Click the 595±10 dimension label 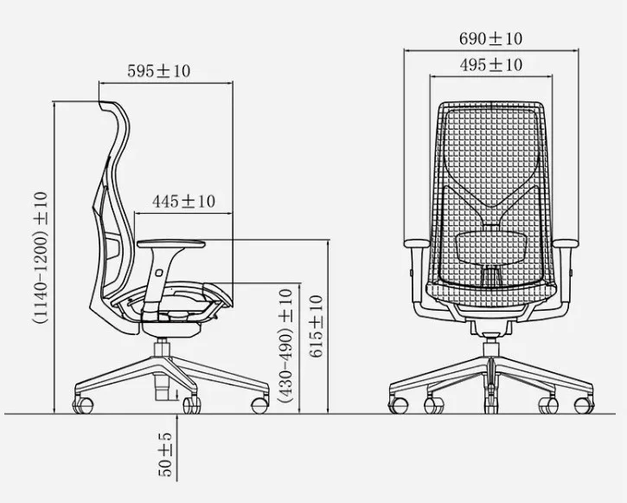tap(159, 71)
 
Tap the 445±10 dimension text tap(183, 201)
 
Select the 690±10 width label tap(490, 38)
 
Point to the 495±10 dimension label tap(490, 64)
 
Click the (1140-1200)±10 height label tap(41, 257)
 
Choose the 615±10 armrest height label tap(316, 326)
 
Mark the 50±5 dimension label tap(164, 455)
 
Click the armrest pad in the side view tap(171, 243)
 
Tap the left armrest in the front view tap(417, 243)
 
